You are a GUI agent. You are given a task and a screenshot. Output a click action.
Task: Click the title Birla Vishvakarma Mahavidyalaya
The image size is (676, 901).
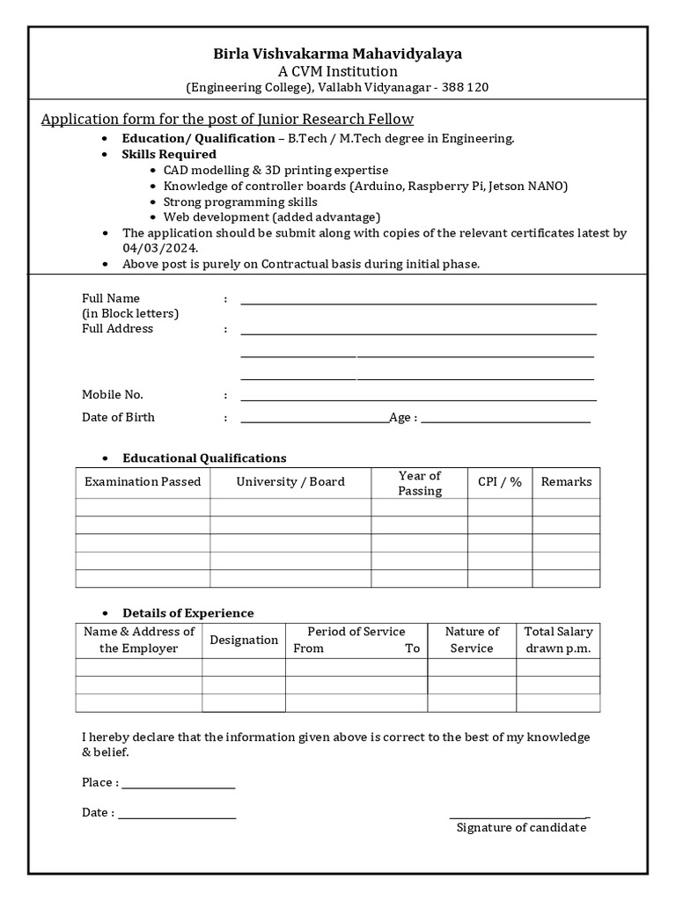tap(337, 54)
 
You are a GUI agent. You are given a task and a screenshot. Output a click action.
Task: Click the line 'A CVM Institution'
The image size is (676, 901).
tap(337, 71)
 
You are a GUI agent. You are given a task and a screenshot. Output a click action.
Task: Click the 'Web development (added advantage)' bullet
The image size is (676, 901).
tap(271, 216)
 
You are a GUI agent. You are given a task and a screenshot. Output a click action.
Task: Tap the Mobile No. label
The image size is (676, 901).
tap(113, 395)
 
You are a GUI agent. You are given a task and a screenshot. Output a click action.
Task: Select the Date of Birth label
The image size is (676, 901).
tap(118, 417)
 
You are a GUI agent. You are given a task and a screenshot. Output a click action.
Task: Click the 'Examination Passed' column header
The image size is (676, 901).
tap(143, 482)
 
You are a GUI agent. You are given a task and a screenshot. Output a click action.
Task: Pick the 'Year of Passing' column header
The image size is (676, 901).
tap(419, 483)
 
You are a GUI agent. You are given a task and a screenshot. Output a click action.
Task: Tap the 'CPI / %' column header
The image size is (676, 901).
tap(499, 482)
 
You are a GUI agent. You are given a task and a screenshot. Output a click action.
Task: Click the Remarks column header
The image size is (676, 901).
tap(566, 482)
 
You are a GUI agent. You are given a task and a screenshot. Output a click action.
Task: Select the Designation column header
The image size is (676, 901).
tap(244, 640)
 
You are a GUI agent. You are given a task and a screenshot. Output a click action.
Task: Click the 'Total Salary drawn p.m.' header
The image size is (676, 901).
tap(558, 640)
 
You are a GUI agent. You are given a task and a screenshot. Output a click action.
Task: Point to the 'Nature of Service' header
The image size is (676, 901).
tap(472, 640)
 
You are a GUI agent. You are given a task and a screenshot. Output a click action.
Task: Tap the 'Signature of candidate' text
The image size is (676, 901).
tap(521, 828)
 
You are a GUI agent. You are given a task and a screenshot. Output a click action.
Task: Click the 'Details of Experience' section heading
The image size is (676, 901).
tap(188, 613)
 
